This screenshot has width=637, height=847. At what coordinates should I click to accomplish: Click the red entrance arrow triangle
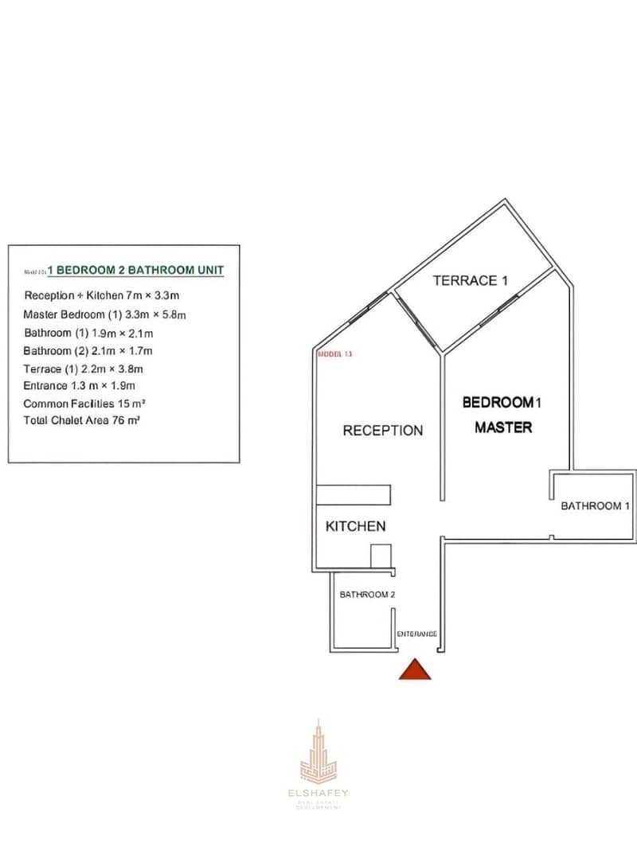pos(415,670)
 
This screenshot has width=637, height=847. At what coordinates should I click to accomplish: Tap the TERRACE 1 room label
pos(470,280)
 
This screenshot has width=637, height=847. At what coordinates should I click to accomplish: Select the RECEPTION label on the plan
pos(383,431)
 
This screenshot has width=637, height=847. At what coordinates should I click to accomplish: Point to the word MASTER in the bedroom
pos(503,427)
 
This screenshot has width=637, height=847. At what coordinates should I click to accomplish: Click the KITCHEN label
pos(356,526)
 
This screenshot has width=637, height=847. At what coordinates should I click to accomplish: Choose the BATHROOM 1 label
pos(596,505)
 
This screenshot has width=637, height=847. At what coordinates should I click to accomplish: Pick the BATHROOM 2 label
pos(367,595)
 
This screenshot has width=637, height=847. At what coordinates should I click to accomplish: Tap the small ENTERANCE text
pos(416,634)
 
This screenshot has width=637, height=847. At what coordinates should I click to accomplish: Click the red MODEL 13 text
pos(334,353)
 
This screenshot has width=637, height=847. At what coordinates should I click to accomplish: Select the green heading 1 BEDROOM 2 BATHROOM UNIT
pos(136,271)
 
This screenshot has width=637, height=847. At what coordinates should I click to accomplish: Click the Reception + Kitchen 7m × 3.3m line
pos(102,295)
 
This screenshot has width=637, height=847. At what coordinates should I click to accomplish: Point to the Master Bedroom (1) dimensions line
pos(104,314)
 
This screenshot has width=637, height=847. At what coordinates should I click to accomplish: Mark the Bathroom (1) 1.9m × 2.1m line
pos(88,333)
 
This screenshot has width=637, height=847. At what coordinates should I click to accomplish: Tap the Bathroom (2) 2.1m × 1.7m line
pos(88,351)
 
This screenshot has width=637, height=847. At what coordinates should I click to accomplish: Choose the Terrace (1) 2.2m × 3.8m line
pos(84,369)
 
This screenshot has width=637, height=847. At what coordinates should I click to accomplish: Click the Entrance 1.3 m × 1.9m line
pos(80,386)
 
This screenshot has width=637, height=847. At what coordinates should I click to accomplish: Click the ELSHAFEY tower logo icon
pos(318,749)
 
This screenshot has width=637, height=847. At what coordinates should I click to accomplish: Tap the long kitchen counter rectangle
pos(354,494)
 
